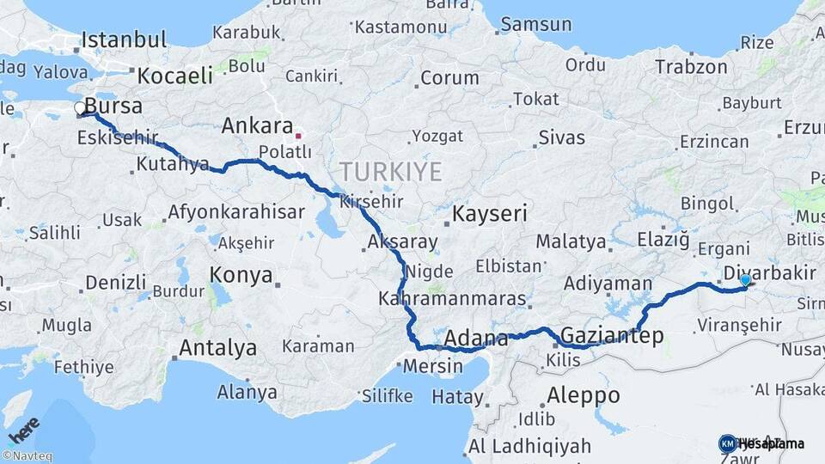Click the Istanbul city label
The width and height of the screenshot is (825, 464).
click(124, 40)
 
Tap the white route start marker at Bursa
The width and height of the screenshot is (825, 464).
click(80, 108)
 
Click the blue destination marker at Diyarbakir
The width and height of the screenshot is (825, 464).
click(744, 279)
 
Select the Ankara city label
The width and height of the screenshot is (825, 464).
click(257, 126)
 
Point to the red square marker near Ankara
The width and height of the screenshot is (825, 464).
click(298, 136)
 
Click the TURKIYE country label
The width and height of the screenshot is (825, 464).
click(390, 172)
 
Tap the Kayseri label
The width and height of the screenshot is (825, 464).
click(490, 213)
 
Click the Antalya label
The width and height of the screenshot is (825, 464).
click(217, 349)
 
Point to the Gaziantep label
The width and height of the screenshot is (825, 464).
click(611, 336)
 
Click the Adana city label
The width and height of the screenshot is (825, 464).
click(469, 336)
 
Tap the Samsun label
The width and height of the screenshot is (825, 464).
click(535, 24)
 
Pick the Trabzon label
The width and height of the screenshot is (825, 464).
click(691, 66)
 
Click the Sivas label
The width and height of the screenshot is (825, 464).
click(561, 137)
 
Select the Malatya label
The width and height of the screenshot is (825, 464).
click(571, 241)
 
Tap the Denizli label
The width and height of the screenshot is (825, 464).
click(116, 282)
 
